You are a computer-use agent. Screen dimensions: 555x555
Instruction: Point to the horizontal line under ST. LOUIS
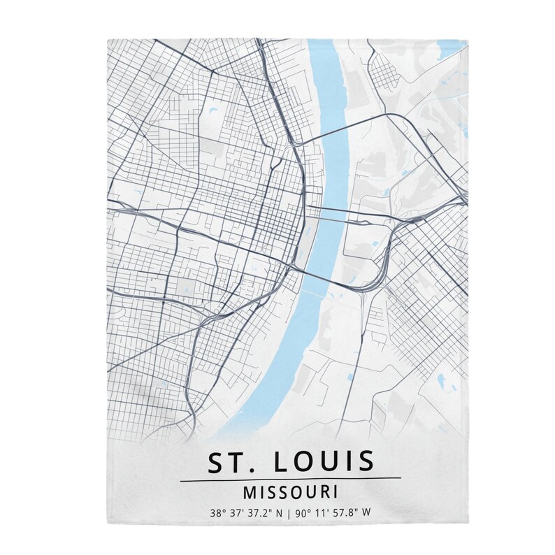point(290,479)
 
